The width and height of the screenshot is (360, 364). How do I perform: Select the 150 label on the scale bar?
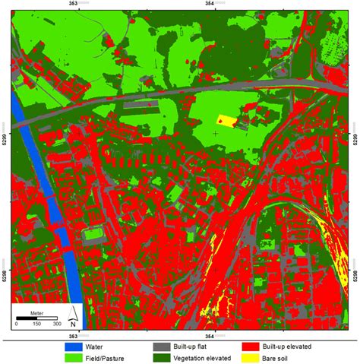pyautogui.click(x=36, y=324)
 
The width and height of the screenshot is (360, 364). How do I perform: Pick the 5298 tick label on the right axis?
pyautogui.click(x=354, y=271)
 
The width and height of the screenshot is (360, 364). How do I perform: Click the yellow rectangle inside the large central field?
pyautogui.click(x=228, y=121)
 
